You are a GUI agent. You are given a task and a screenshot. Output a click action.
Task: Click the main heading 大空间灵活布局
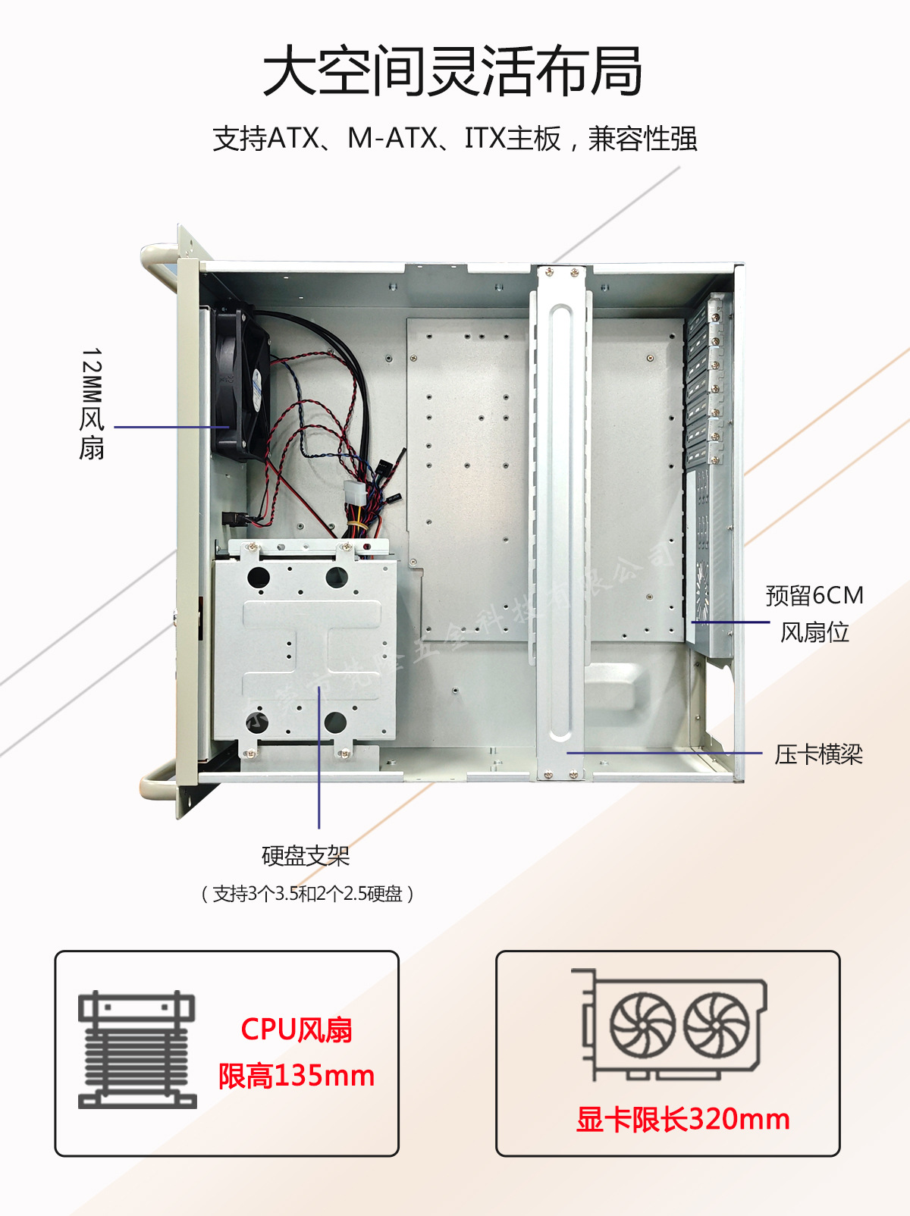tap(453, 71)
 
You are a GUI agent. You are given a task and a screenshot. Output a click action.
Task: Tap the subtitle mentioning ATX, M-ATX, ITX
tap(454, 139)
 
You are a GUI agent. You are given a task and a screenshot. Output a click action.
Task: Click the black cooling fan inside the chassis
tap(241, 383)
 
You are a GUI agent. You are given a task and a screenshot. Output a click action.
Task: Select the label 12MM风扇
tap(92, 403)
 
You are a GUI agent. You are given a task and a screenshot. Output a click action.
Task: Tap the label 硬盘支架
tap(306, 856)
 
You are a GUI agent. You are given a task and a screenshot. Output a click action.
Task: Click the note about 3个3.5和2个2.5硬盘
tap(307, 894)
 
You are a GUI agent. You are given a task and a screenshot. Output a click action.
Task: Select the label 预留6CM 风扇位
tap(814, 613)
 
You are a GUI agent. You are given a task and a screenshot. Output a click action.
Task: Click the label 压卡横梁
tap(818, 754)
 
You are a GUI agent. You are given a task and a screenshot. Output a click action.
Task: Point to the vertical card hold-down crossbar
tap(560, 523)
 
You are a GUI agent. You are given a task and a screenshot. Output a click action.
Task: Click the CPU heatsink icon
tap(137, 1050)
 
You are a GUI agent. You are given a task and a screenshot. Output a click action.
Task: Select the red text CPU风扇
tap(297, 1030)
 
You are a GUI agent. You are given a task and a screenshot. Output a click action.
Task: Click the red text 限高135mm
tap(297, 1076)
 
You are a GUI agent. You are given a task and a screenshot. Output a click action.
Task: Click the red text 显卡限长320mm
tap(682, 1119)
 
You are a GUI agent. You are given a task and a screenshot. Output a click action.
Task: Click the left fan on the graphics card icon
tap(642, 1025)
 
